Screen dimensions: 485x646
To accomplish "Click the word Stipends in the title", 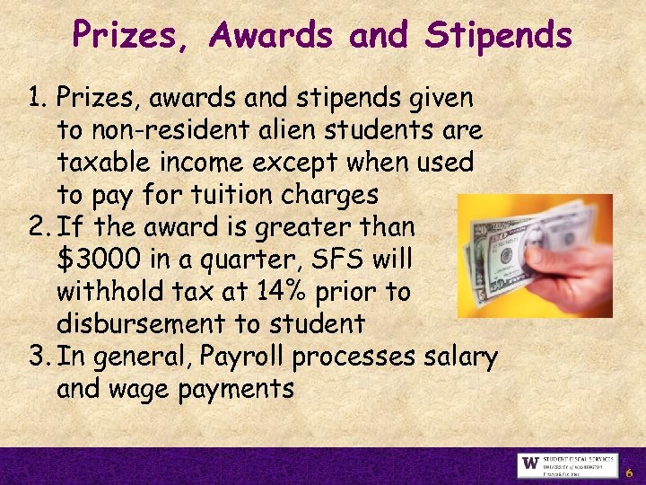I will tap(499, 36).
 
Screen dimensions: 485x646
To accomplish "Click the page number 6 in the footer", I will tap(629, 472).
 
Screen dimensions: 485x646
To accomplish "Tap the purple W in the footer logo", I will tap(529, 465).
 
